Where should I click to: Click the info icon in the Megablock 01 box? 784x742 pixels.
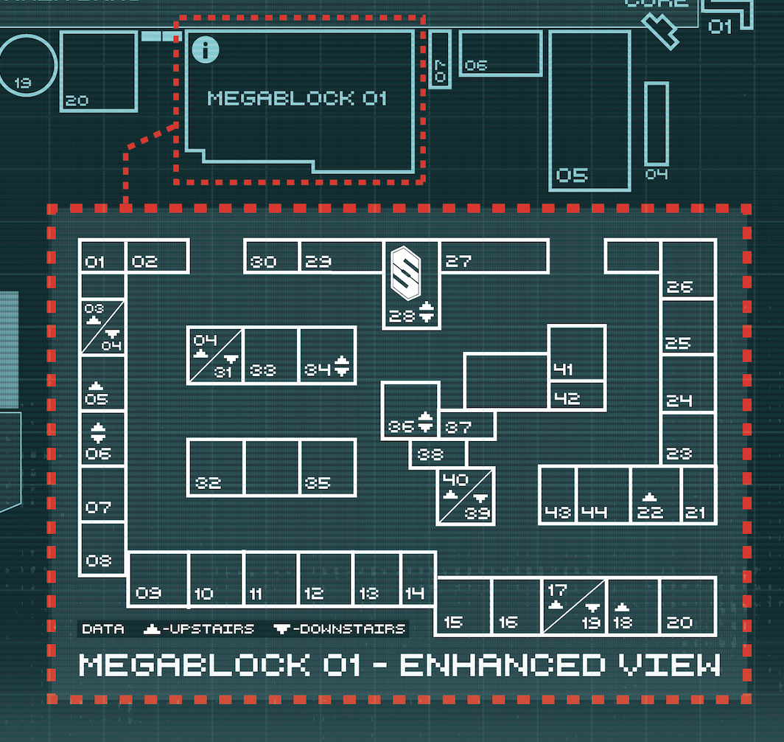(206, 50)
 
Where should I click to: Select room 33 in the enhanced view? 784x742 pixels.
(271, 356)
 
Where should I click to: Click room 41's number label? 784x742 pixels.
(563, 370)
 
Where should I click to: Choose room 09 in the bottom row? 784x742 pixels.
(158, 580)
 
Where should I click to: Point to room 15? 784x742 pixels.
(463, 606)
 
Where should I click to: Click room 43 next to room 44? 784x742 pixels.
(558, 495)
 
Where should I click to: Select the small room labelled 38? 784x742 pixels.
(438, 454)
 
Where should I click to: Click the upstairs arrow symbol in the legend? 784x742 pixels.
(153, 629)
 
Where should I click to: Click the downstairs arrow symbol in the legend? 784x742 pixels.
(281, 629)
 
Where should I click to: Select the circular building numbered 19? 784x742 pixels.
(27, 65)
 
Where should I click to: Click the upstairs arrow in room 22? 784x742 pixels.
(649, 496)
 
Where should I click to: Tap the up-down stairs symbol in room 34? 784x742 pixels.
(341, 366)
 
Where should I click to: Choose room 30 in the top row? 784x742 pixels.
(271, 257)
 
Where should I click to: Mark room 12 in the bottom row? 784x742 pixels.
(326, 580)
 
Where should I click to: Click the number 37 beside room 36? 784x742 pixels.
(458, 427)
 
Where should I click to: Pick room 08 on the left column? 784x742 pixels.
(102, 549)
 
